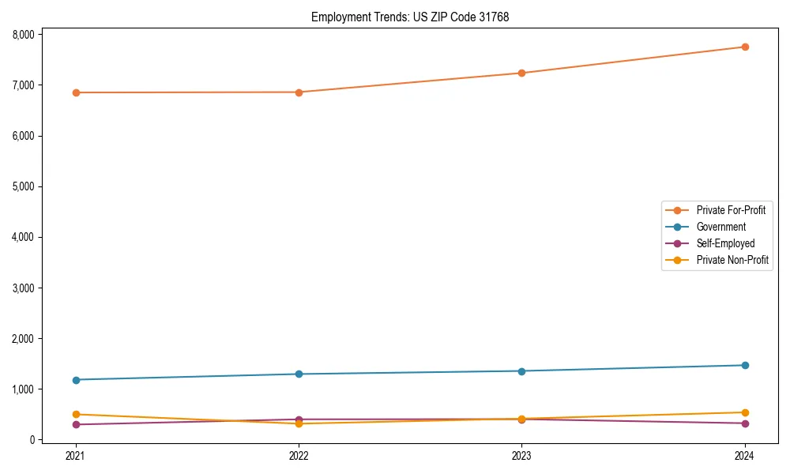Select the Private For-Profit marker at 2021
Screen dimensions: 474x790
[x=76, y=92]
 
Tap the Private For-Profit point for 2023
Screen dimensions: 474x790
[x=522, y=73]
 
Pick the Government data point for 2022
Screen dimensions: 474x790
[x=299, y=374]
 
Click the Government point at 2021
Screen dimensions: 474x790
[x=76, y=380]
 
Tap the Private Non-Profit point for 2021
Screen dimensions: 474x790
[x=76, y=414]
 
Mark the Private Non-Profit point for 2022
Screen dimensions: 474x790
[x=299, y=423]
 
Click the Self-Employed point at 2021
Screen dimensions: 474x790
[x=76, y=424]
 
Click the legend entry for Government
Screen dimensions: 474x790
[x=720, y=227]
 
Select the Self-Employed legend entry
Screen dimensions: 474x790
[x=725, y=243]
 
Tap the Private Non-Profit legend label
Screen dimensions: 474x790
[x=732, y=260]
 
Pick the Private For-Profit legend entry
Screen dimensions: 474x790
[x=730, y=210]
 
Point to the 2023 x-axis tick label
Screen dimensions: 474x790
[x=522, y=455]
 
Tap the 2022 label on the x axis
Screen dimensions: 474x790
[x=299, y=455]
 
